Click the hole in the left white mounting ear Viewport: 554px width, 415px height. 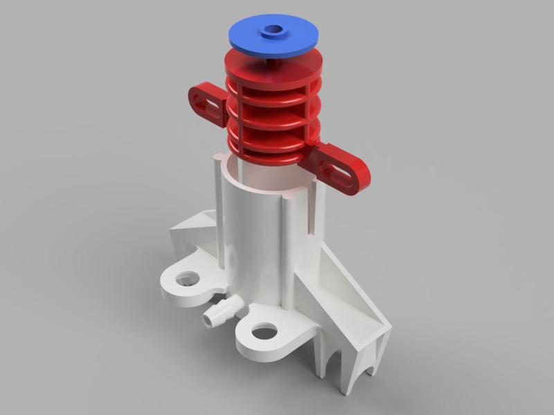[x=186, y=279]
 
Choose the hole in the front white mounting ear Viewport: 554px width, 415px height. [x=264, y=333]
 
